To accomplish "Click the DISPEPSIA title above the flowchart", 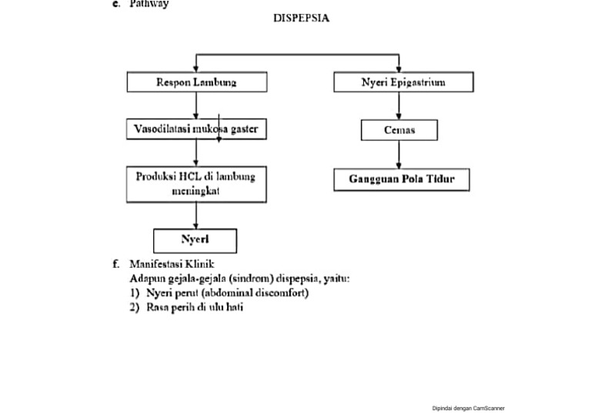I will (x=301, y=18).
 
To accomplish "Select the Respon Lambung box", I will (x=197, y=82).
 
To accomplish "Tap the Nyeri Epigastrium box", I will (x=403, y=82).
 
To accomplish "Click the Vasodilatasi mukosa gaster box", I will (x=197, y=129).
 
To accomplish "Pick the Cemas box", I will (x=399, y=130).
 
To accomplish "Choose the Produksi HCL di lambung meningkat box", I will (x=196, y=184).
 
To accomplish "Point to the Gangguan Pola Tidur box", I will (x=401, y=179).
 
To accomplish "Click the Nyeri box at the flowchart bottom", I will (x=195, y=240).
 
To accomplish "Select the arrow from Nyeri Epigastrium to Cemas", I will (x=399, y=106).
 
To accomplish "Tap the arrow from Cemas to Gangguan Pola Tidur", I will (x=399, y=155).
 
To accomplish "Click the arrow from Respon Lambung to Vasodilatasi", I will (x=197, y=106).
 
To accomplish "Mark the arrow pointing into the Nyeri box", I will (x=195, y=216).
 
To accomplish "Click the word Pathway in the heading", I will (x=149, y=5).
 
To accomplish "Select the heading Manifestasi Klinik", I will (x=172, y=264).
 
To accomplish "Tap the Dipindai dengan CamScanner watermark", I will (x=469, y=409).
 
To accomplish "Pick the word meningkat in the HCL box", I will (x=195, y=191).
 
